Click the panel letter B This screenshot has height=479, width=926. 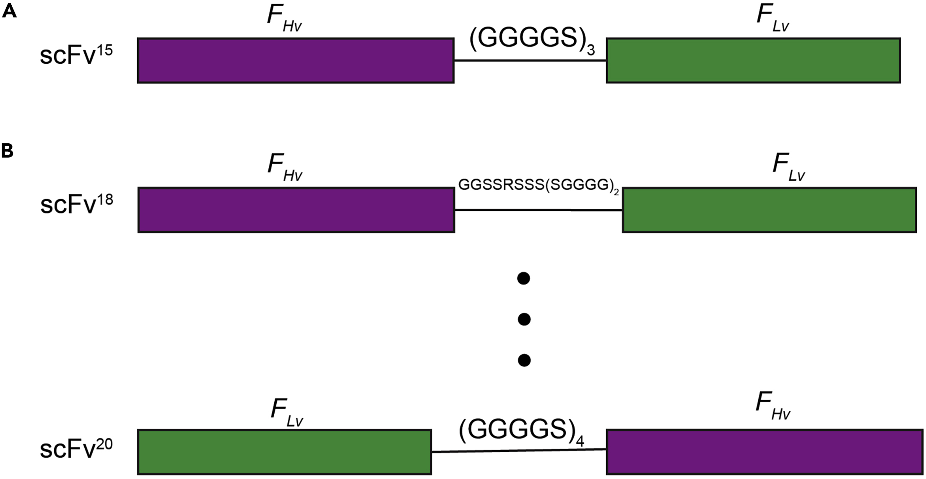(8, 150)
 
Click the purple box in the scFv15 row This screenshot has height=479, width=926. (296, 60)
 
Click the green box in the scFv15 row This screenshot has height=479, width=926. (753, 60)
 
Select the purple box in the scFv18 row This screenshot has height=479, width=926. (296, 210)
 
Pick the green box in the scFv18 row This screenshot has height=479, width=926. (769, 210)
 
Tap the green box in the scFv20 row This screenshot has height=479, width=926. (284, 452)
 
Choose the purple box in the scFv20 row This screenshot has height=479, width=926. (764, 452)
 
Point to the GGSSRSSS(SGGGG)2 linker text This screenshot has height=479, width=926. (538, 185)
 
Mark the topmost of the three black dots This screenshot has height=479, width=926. (524, 278)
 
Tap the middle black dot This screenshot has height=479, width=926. (524, 319)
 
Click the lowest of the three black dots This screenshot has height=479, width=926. (524, 360)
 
